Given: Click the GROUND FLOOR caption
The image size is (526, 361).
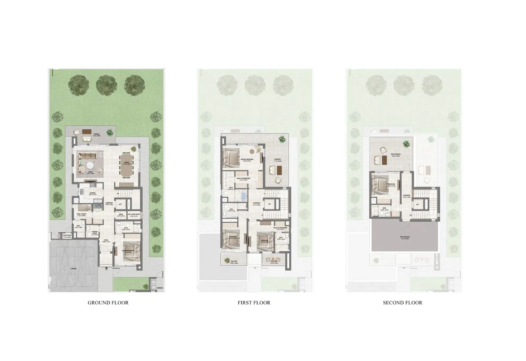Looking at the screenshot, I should [x=108, y=302].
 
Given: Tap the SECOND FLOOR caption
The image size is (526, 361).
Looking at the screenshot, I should [x=402, y=302].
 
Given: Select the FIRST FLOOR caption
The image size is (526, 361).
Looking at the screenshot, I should [x=254, y=302].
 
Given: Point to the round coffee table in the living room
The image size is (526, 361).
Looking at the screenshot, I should [x=90, y=165].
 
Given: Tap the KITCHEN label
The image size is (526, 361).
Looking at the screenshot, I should [x=92, y=193].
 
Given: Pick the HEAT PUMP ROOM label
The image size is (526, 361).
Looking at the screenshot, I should [x=133, y=214].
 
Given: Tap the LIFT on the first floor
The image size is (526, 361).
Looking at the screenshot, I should [x=269, y=204].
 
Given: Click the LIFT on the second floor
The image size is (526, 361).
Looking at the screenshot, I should [x=418, y=204].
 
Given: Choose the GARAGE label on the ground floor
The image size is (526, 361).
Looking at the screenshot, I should [x=74, y=268].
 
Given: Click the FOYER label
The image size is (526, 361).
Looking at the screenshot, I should [x=106, y=240].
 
